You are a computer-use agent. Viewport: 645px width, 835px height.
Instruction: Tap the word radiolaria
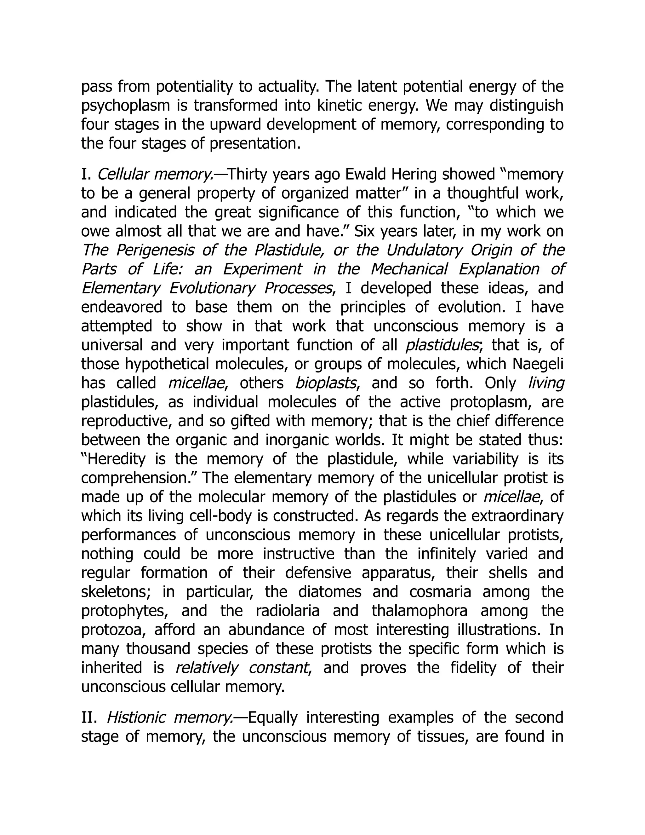[287, 611]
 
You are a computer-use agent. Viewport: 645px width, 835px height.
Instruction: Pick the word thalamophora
[419, 611]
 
